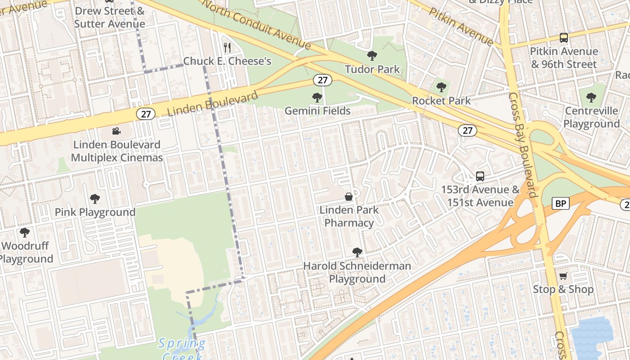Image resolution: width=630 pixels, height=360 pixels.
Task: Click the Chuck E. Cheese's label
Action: tap(227, 61)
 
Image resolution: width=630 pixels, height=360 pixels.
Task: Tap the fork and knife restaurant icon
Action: tap(227, 47)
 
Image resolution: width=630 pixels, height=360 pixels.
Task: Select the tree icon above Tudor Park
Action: tap(372, 56)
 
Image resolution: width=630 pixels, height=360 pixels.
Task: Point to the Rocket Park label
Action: tap(441, 101)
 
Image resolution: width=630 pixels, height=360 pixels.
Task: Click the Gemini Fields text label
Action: tap(317, 111)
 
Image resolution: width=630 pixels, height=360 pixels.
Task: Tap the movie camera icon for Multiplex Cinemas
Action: tap(117, 131)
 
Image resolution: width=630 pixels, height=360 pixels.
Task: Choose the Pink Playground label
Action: tap(95, 212)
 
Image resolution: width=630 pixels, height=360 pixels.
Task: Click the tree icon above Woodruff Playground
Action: tap(25, 233)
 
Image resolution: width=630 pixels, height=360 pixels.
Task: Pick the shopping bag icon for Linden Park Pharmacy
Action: tap(349, 197)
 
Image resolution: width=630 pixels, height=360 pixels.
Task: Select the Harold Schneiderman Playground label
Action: tap(357, 272)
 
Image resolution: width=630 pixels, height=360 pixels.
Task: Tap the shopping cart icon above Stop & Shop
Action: tap(563, 276)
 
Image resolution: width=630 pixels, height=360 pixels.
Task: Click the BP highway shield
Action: tap(560, 204)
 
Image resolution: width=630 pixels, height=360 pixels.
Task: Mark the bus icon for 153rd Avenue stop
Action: tap(480, 176)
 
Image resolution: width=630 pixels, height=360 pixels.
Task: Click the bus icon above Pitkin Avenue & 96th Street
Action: tap(563, 38)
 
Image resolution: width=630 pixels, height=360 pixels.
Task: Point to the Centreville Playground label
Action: tap(591, 117)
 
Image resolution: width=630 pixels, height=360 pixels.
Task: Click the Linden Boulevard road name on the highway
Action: tap(212, 103)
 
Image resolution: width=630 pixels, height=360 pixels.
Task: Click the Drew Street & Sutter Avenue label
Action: tap(109, 17)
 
